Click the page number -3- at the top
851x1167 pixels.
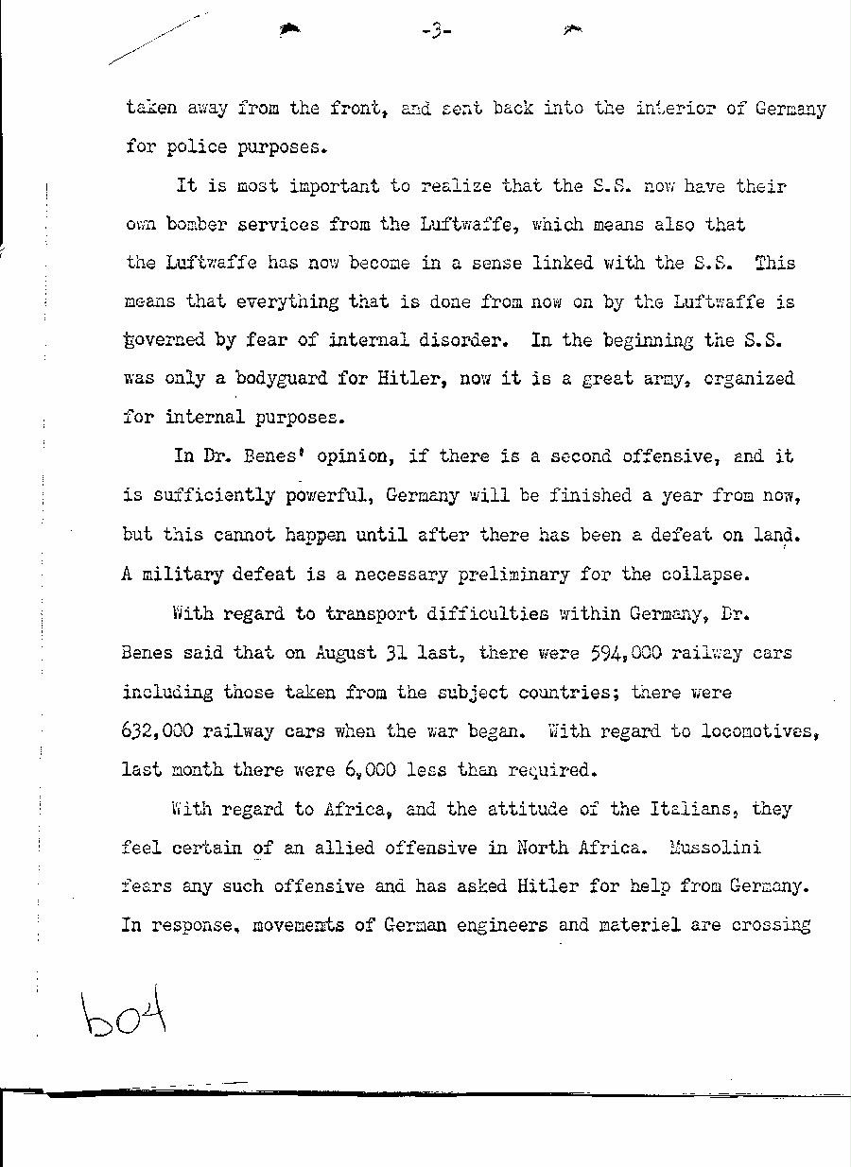point(435,32)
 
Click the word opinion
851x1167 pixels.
point(346,456)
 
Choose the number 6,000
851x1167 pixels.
point(362,770)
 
